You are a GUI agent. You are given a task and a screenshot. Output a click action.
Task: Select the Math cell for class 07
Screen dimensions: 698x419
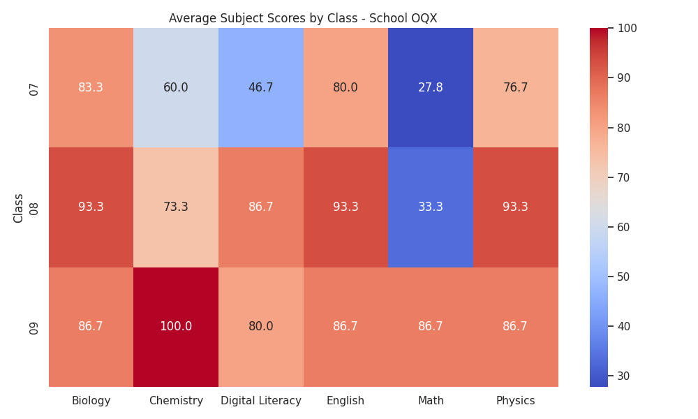pyautogui.click(x=431, y=88)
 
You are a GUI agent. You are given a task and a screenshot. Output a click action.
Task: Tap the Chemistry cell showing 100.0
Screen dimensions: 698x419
pyautogui.click(x=176, y=327)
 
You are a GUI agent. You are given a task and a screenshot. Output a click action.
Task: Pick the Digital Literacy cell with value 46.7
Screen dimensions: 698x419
pyautogui.click(x=261, y=88)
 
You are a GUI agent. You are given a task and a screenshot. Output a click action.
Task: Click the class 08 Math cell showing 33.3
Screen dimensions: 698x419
pyautogui.click(x=431, y=207)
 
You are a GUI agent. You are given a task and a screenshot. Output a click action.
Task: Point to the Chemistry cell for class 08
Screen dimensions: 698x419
pyautogui.click(x=176, y=207)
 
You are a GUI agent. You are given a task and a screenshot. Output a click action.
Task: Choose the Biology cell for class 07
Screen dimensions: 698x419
pyautogui.click(x=91, y=88)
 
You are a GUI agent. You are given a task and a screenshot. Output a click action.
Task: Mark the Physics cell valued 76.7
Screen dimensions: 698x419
pyautogui.click(x=516, y=88)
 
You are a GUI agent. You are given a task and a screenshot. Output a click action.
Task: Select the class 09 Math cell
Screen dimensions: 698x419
pyautogui.click(x=431, y=327)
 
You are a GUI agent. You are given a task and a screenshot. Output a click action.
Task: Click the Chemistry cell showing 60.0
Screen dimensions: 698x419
pyautogui.click(x=176, y=88)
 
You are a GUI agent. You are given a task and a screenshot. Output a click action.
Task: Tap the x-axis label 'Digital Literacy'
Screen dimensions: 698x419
pyautogui.click(x=261, y=401)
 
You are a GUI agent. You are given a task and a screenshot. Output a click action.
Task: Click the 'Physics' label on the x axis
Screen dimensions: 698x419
pyautogui.click(x=516, y=401)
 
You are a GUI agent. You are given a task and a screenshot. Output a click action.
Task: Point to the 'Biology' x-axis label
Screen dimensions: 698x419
pyautogui.click(x=91, y=401)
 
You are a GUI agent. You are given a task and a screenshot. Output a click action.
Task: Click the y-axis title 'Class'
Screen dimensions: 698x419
pyautogui.click(x=18, y=208)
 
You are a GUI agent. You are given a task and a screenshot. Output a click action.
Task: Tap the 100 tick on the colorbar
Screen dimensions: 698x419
pyautogui.click(x=628, y=28)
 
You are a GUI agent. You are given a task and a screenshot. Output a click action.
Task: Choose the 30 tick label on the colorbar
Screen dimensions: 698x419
pyautogui.click(x=624, y=376)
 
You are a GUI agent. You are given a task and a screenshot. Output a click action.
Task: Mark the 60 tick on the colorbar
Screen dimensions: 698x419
pyautogui.click(x=624, y=227)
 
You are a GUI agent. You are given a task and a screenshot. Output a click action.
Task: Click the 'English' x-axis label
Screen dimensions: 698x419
pyautogui.click(x=346, y=401)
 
